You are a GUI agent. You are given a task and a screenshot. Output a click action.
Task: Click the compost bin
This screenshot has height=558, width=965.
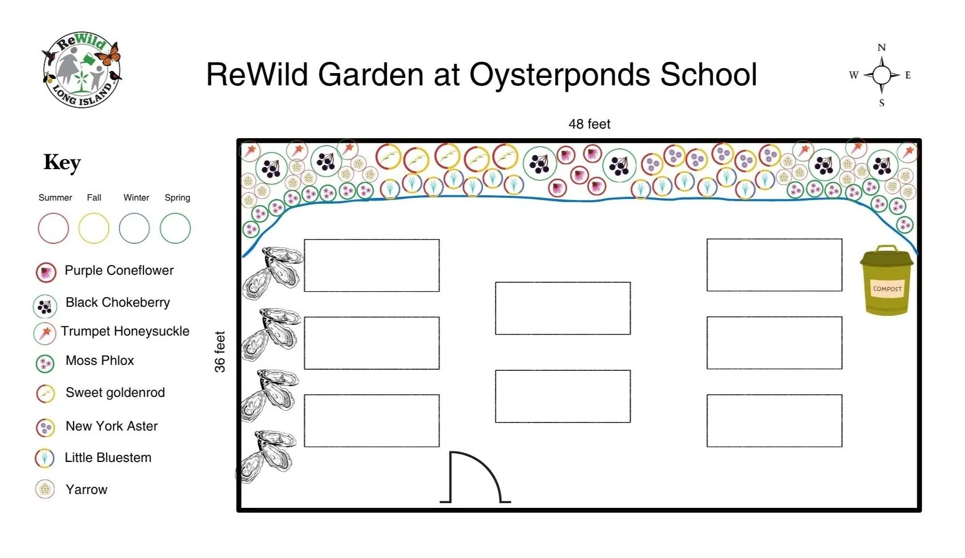[x=886, y=281]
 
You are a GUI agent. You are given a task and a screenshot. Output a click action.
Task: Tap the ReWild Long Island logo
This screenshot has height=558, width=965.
[x=82, y=69]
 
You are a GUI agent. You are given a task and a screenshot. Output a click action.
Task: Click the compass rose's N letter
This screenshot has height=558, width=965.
[x=881, y=47]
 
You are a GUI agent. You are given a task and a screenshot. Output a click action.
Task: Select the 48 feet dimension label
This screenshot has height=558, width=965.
[x=589, y=124]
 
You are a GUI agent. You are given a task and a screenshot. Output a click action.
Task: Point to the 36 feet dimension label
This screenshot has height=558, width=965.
[x=220, y=352]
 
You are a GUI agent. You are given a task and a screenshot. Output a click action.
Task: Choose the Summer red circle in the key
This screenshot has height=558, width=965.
[x=53, y=228]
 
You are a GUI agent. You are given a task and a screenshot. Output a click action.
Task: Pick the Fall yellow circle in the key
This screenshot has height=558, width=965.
[x=94, y=228]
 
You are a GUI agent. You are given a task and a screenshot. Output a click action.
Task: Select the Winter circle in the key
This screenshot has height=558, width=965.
[x=134, y=228]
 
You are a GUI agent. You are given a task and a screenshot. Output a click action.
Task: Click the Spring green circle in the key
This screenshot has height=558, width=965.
[x=175, y=228]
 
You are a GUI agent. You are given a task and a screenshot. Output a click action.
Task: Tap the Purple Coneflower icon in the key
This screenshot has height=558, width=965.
[x=46, y=272]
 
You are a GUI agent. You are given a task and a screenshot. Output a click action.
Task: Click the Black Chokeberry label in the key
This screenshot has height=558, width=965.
[x=118, y=302]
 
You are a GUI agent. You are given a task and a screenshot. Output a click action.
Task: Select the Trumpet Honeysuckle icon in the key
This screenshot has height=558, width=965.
[x=45, y=333]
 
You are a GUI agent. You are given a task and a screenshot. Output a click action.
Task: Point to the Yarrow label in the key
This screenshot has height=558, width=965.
[x=86, y=490]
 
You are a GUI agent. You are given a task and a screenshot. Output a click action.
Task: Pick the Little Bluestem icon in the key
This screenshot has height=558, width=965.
[x=45, y=458]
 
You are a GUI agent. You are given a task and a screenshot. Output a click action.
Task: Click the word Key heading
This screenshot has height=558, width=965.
[x=62, y=163]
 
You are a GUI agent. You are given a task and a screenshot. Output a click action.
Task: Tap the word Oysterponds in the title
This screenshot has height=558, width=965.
[x=559, y=74]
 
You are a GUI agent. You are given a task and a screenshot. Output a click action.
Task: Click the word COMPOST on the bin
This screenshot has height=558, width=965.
[x=887, y=289]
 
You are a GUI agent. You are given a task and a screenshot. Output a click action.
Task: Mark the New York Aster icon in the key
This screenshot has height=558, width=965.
[x=45, y=427]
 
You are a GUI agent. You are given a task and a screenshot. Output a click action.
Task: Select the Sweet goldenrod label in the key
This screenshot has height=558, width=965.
[x=115, y=393]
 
